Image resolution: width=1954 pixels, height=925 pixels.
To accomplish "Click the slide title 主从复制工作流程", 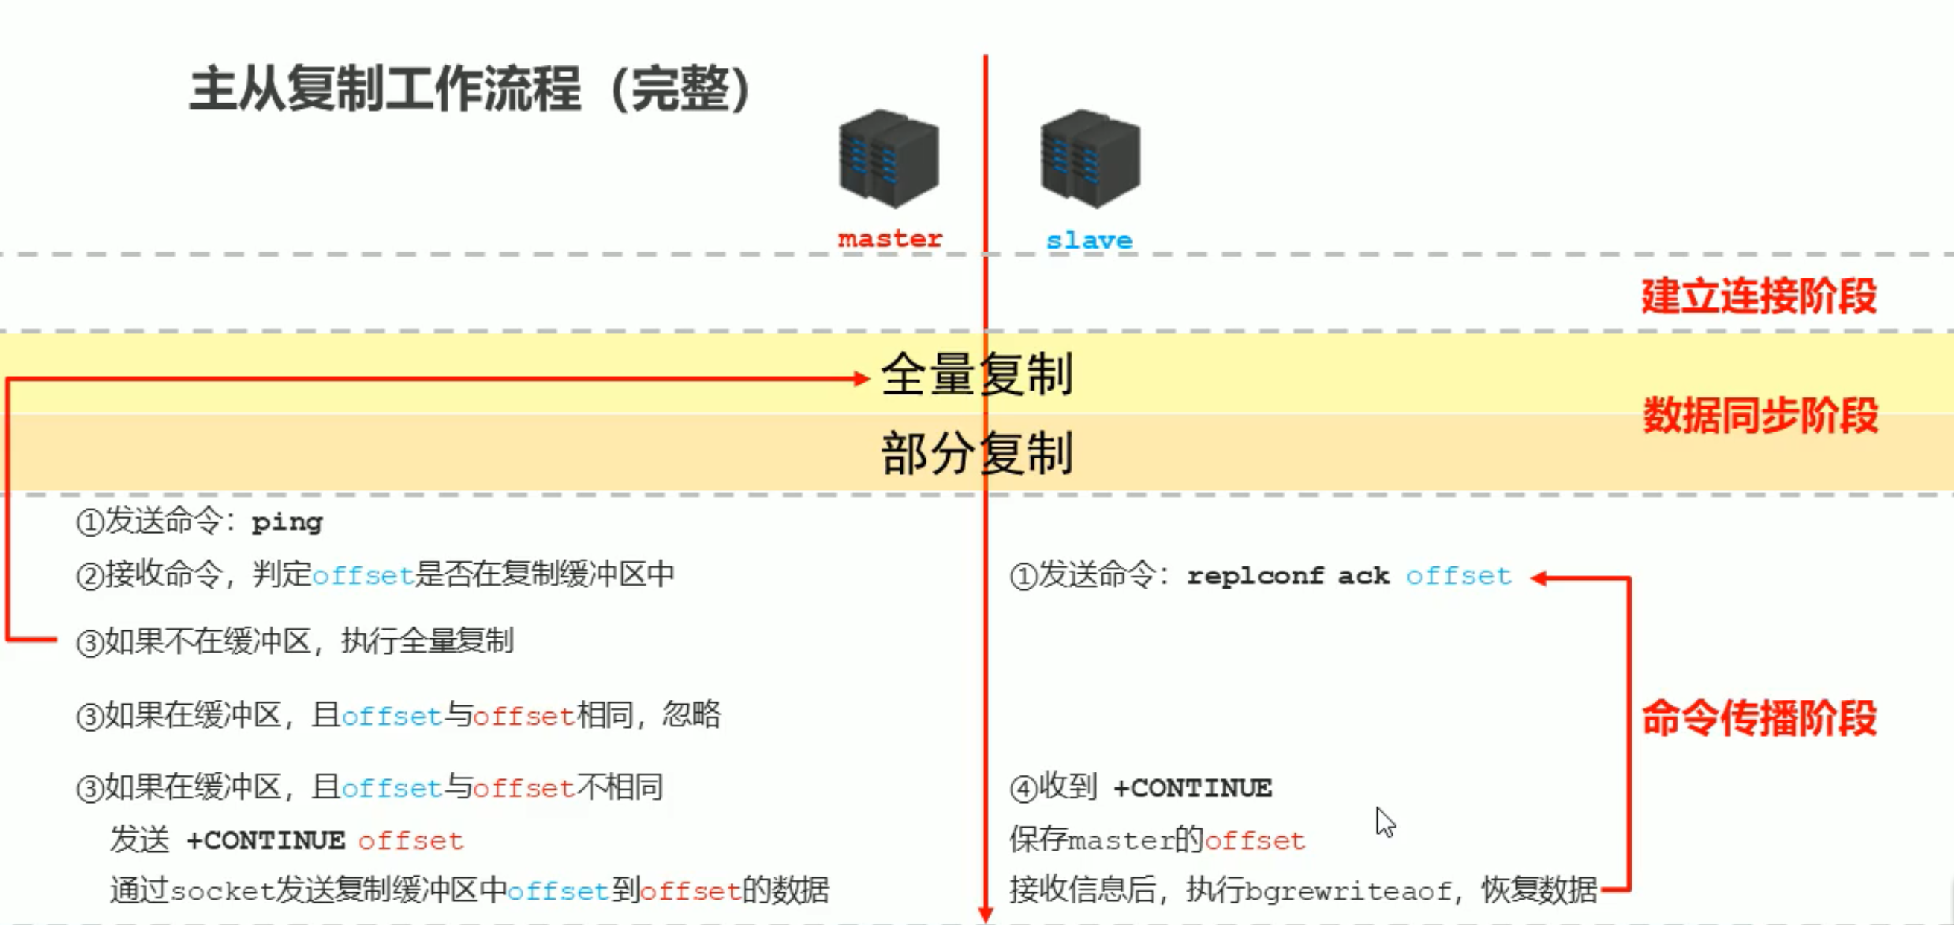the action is tap(385, 89).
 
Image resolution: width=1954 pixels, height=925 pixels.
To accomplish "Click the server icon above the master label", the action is tap(889, 159).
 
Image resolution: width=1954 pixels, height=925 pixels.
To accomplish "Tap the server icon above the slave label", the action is tap(1090, 159).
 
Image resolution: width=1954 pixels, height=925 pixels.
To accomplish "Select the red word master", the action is tap(890, 239).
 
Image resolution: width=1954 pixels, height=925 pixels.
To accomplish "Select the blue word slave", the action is tap(1089, 240).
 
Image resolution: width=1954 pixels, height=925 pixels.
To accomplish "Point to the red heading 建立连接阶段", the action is tap(1759, 295).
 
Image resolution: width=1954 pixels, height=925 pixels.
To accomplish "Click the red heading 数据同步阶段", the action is tap(1760, 415).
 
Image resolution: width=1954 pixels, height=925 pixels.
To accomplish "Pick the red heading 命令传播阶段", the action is tap(1759, 717).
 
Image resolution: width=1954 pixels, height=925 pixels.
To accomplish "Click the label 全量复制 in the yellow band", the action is tap(977, 374).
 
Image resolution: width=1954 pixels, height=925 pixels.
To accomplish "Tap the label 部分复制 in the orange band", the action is tap(977, 452).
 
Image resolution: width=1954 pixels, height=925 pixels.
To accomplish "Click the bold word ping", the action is tap(287, 522).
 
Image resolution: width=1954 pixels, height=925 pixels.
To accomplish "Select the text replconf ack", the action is tap(1288, 575).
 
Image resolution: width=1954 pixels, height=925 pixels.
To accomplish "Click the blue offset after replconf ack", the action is tap(1458, 576).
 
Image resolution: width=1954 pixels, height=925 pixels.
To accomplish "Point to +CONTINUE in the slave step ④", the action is tap(1192, 789).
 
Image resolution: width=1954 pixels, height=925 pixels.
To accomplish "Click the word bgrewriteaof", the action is tap(1348, 890).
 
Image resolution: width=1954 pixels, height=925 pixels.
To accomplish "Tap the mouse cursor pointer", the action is tap(1384, 821).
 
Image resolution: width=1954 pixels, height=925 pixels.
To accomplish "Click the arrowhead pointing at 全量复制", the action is tap(862, 378).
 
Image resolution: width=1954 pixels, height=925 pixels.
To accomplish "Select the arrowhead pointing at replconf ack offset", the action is tap(1539, 578).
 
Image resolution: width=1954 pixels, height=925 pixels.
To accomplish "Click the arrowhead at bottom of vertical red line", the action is tap(985, 914).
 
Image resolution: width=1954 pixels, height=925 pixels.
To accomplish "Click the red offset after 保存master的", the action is tap(1255, 841).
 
